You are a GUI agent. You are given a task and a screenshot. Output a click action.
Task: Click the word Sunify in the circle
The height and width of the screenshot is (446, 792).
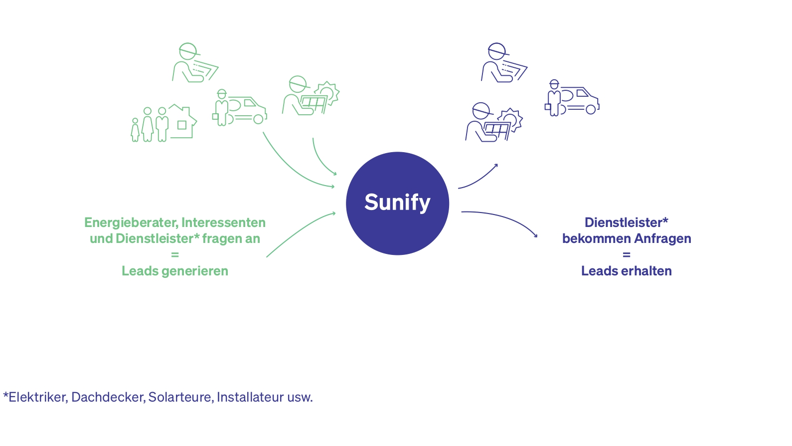coord(397,203)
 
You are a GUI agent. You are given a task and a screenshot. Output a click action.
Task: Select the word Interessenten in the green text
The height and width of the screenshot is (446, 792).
coord(223,223)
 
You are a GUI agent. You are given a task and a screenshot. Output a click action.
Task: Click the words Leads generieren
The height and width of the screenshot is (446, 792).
coord(175,271)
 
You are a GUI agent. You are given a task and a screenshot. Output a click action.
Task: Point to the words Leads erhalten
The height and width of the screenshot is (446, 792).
coord(626,271)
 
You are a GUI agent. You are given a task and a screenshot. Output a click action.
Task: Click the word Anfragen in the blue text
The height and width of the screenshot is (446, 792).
coord(663,238)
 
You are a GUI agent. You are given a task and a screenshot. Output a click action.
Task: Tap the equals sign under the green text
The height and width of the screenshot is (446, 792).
coord(175,255)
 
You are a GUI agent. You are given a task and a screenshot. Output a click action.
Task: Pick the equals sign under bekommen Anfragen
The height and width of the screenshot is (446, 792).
coord(627,255)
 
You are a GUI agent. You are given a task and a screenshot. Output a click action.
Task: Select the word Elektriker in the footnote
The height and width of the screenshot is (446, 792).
coord(37,397)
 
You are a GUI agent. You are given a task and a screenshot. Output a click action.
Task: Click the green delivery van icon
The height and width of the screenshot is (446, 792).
coord(240,108)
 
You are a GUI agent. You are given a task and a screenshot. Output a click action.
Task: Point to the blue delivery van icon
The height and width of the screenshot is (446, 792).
coord(572,98)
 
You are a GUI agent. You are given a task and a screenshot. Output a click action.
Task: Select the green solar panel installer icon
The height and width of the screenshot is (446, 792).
coord(311,96)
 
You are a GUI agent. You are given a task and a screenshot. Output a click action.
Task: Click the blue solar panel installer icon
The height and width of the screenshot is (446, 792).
coord(493,123)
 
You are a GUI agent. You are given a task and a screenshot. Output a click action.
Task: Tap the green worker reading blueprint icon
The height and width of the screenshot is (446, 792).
coord(195,63)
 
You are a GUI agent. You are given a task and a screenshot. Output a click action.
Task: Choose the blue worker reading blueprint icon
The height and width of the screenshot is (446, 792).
coord(503,63)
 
